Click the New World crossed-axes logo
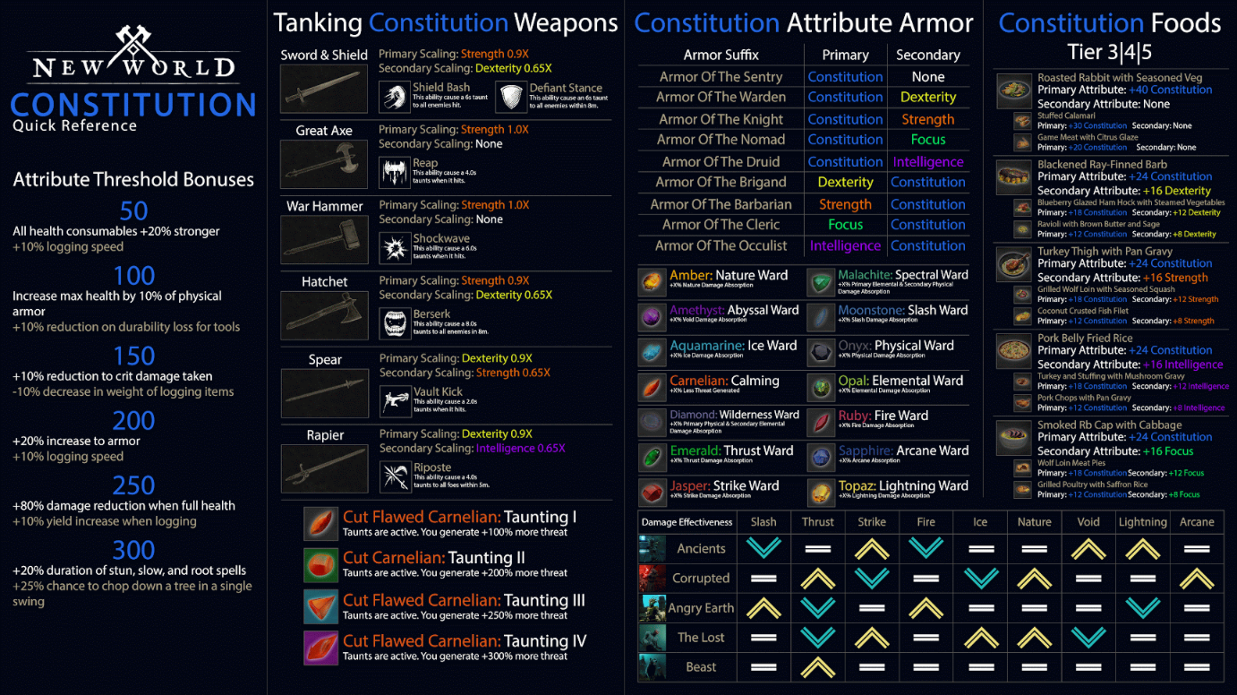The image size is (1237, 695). pyautogui.click(x=134, y=45)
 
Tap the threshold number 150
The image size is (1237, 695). pyautogui.click(x=134, y=356)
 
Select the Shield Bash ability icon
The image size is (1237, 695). pyautogui.click(x=394, y=97)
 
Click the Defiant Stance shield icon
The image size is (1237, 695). pyautogui.click(x=511, y=97)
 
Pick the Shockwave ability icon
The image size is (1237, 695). pyautogui.click(x=394, y=247)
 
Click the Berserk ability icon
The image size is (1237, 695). pyautogui.click(x=394, y=322)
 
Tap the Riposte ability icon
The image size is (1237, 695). pyautogui.click(x=394, y=476)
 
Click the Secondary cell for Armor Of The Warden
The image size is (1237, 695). pyautogui.click(x=927, y=97)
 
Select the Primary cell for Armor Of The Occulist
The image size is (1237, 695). pyautogui.click(x=845, y=245)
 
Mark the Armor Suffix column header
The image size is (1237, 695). pyautogui.click(x=721, y=55)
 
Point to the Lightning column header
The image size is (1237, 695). pyautogui.click(x=1142, y=522)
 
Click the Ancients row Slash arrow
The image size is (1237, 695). pyautogui.click(x=764, y=548)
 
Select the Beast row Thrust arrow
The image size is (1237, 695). pyautogui.click(x=817, y=666)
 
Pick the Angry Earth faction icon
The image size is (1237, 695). pyautogui.click(x=653, y=608)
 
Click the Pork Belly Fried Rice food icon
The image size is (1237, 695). pyautogui.click(x=1014, y=349)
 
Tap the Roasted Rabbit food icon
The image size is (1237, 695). pyautogui.click(x=1014, y=90)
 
